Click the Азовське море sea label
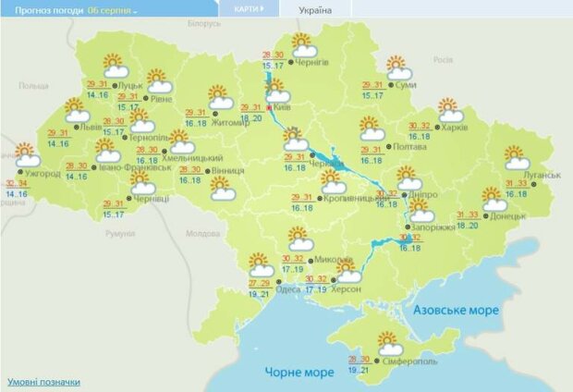click(457, 310)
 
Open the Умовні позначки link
click(43, 381)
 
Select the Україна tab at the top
click(315, 10)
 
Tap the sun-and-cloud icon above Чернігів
click(303, 45)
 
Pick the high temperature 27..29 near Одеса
click(262, 282)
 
